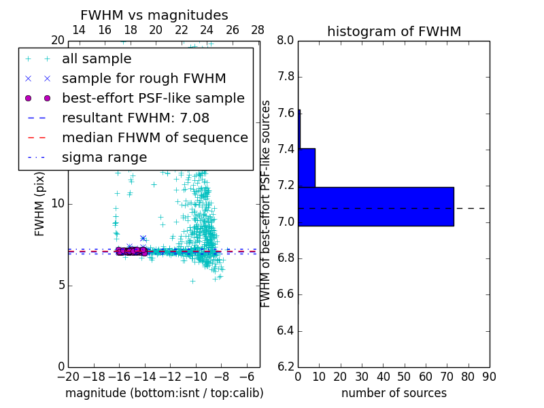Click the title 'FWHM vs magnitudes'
point(154,15)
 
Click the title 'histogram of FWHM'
point(394,31)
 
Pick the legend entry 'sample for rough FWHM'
point(143,78)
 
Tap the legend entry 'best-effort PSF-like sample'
point(153,98)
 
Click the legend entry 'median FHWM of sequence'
point(154,137)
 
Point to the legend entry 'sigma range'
point(104,157)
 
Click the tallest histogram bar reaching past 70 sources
point(375,206)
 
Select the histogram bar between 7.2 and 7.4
point(306,167)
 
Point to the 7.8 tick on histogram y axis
point(286,77)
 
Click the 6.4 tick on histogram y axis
point(286,331)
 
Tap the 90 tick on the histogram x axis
point(489,376)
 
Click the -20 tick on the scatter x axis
point(68,376)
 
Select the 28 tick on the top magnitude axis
point(258,30)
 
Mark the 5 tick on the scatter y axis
point(61,285)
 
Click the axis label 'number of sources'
point(394,393)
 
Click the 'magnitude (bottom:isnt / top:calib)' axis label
point(164,393)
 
